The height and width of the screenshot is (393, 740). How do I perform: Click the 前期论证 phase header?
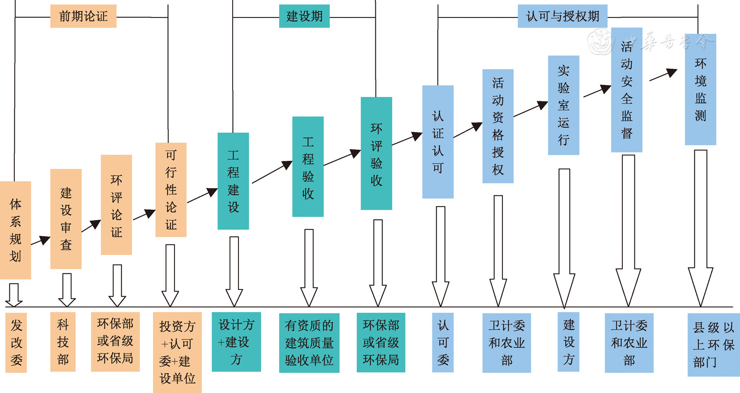click(83, 16)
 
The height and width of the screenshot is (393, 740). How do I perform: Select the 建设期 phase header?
click(304, 16)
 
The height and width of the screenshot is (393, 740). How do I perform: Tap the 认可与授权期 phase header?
click(562, 16)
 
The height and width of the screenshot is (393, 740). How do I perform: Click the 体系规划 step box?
click(15, 230)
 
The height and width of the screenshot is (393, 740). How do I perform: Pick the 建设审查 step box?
click(66, 219)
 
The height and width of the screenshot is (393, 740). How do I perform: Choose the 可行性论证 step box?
click(171, 190)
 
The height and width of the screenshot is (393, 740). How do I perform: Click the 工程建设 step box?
click(233, 181)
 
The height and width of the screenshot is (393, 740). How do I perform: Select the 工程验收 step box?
click(308, 167)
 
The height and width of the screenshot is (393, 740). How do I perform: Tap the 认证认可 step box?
click(438, 142)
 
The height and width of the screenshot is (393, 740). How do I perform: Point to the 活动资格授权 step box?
click(498, 126)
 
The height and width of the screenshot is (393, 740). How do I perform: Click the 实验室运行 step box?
click(564, 105)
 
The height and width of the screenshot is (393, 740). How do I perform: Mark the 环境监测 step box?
click(700, 89)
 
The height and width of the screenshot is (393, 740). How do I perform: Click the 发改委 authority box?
click(16, 342)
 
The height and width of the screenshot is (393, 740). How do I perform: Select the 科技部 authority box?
click(63, 342)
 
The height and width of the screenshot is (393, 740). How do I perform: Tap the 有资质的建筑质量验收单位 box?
click(309, 343)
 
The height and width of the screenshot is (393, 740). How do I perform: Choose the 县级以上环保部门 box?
click(713, 345)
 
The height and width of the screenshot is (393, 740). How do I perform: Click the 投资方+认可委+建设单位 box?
click(177, 352)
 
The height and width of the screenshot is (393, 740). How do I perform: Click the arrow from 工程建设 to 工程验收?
click(272, 172)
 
